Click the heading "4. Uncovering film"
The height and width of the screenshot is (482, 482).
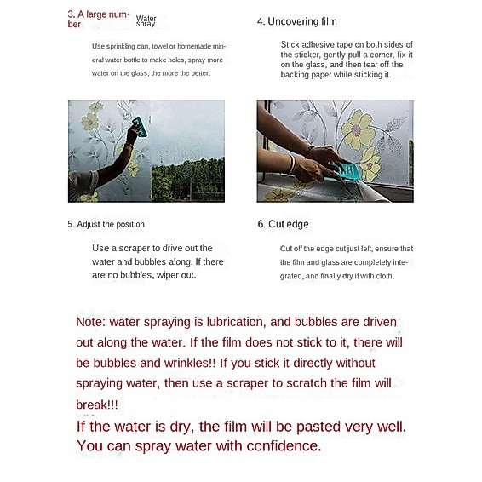[x=297, y=21]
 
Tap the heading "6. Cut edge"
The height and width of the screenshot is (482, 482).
[x=283, y=224]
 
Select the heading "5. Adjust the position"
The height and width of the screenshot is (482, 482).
[x=106, y=224]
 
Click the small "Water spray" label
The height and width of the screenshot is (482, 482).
[x=146, y=21]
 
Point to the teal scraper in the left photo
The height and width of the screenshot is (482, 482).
[x=140, y=126]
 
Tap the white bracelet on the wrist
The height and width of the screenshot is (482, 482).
[x=292, y=164]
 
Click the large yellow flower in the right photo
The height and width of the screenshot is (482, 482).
[x=359, y=129]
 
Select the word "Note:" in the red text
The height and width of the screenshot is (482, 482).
[x=90, y=322]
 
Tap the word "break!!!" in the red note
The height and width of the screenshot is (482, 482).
[x=97, y=405]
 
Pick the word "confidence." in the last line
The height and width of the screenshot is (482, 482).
[x=284, y=446]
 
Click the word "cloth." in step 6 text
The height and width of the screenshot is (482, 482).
[x=385, y=276]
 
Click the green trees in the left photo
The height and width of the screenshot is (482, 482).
[x=188, y=181]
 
